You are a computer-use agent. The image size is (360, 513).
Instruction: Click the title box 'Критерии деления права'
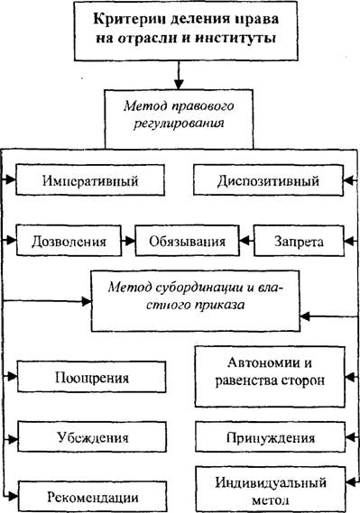tap(186, 31)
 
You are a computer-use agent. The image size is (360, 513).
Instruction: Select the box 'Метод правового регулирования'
tap(179, 119)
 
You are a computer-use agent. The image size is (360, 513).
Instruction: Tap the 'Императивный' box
tap(90, 180)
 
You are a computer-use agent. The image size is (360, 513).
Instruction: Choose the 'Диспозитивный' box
tap(268, 180)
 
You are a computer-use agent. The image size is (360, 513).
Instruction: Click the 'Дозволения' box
tap(69, 241)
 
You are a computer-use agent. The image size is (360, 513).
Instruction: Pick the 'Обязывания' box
tap(187, 241)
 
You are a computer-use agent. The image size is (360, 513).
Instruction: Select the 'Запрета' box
tap(299, 241)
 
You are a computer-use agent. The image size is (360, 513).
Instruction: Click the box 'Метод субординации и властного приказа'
tap(196, 300)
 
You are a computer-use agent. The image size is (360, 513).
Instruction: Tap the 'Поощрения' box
tap(92, 377)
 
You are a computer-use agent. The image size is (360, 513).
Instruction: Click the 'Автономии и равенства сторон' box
tap(270, 377)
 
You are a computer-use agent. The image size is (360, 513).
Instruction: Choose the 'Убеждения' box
tap(92, 436)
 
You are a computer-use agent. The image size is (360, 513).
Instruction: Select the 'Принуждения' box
tap(271, 436)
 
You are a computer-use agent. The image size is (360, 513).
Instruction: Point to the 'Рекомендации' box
tap(93, 497)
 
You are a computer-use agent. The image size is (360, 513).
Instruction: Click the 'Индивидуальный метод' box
tap(271, 490)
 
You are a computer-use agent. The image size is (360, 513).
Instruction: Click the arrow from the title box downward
tap(179, 75)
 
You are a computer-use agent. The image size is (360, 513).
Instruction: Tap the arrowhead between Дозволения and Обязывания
tap(130, 241)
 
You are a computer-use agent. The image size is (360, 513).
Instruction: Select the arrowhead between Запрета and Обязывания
tap(245, 241)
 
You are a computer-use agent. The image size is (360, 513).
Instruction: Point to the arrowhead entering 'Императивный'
tap(11, 179)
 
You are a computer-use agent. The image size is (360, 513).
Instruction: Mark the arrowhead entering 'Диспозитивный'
tap(348, 180)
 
